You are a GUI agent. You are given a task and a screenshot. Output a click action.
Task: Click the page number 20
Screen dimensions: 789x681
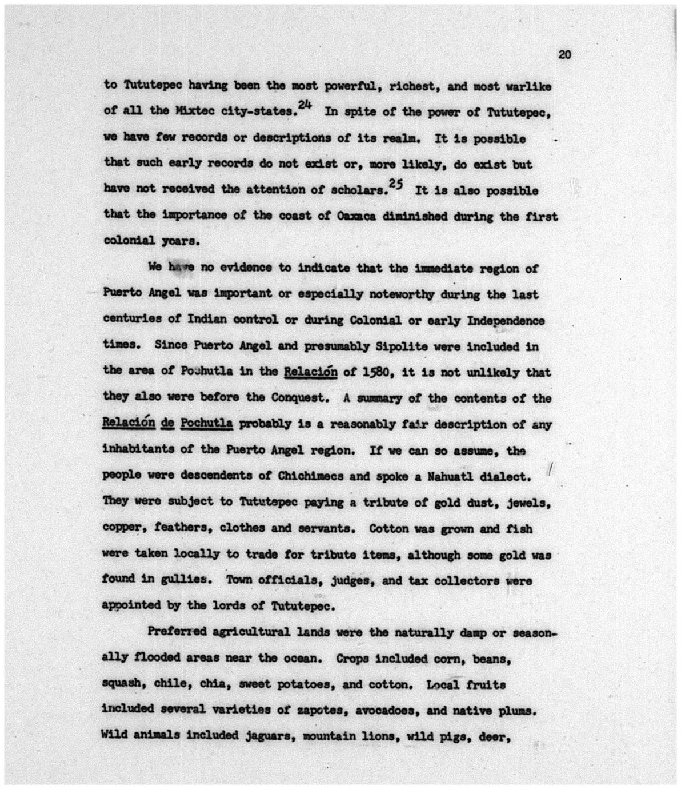(564, 55)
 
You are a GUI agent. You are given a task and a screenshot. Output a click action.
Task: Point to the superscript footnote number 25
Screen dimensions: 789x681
(396, 184)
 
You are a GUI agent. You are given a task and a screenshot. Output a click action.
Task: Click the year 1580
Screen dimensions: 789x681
(374, 373)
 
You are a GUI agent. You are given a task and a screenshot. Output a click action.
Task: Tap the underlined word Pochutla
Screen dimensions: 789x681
(206, 424)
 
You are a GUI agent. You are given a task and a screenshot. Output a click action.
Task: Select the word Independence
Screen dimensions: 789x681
(506, 321)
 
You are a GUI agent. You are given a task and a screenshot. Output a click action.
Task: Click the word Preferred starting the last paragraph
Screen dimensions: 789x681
(177, 632)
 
